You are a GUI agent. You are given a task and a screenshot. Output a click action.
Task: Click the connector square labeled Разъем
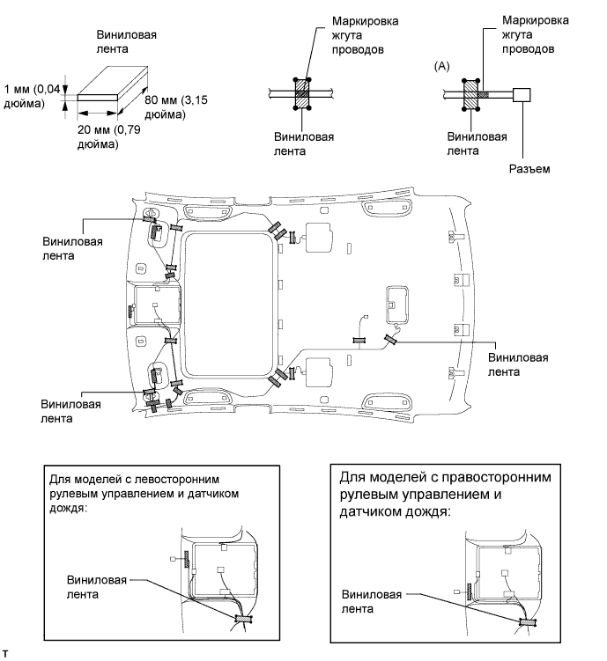[x=522, y=95]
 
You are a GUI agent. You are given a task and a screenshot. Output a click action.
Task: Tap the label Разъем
[x=529, y=169]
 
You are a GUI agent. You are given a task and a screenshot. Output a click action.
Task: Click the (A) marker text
[x=442, y=66]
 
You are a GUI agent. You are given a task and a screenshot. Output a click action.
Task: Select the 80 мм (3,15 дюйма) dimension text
[x=176, y=107]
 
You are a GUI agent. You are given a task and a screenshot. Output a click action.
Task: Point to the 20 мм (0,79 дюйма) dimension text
[x=109, y=136]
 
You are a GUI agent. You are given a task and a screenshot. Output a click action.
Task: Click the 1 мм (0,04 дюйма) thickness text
[x=32, y=96]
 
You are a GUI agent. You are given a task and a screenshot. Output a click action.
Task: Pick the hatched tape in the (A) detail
[x=470, y=95]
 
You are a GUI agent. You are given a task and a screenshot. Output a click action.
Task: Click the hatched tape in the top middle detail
[x=302, y=94]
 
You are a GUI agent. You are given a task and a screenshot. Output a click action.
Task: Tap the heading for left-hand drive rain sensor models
[x=144, y=493]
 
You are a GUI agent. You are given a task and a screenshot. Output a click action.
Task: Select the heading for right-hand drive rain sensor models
[x=446, y=494]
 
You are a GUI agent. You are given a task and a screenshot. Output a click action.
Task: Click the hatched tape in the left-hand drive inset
[x=243, y=619]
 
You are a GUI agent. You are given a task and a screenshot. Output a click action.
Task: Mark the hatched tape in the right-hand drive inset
[x=528, y=621]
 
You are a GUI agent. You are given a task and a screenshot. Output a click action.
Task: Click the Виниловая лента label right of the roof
[x=518, y=364]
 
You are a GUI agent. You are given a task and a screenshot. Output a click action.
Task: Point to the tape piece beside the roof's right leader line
[x=389, y=339]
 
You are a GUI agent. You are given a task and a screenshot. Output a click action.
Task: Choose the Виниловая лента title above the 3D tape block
[x=126, y=41]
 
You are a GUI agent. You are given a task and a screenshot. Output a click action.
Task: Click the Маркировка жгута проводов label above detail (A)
[x=536, y=34]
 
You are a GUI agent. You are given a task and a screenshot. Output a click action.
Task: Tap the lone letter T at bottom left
[x=5, y=654]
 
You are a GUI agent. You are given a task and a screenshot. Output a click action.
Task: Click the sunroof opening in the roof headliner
[x=229, y=304]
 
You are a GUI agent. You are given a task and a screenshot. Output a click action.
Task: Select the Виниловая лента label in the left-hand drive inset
[x=97, y=587]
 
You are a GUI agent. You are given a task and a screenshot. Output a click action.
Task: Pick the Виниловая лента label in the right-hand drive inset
[x=371, y=601]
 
